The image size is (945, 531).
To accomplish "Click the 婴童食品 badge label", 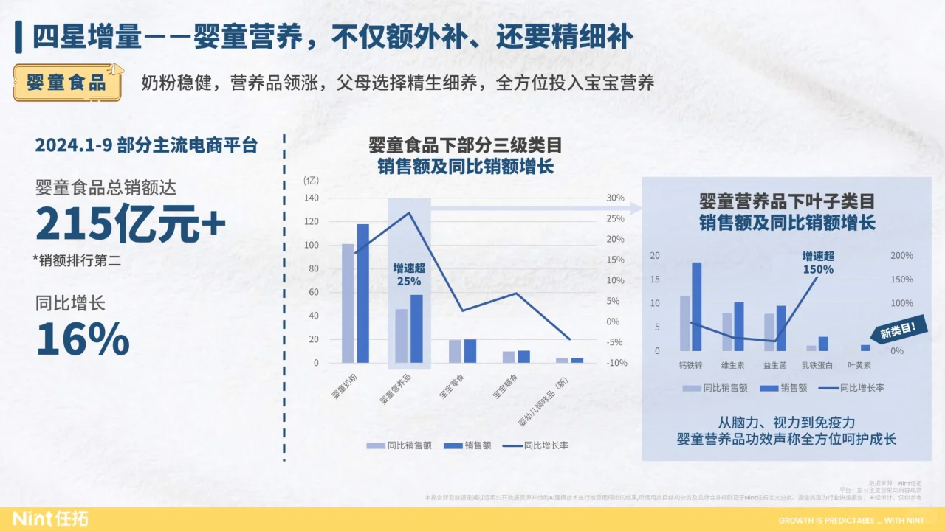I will [x=66, y=82].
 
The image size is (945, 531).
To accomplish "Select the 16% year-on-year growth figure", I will [x=83, y=339].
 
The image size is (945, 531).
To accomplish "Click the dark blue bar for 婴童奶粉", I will [x=363, y=294].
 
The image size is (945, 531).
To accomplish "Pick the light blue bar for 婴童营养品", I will [x=401, y=336].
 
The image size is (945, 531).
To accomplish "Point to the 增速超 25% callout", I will [x=409, y=275].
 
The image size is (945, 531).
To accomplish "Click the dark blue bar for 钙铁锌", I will [x=696, y=307].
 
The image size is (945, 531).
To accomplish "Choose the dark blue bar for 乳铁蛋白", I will [x=823, y=344].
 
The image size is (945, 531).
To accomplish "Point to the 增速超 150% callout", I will [x=818, y=263].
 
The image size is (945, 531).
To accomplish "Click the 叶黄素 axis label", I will [x=859, y=365].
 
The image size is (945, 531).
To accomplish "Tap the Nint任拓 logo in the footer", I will [x=49, y=519].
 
